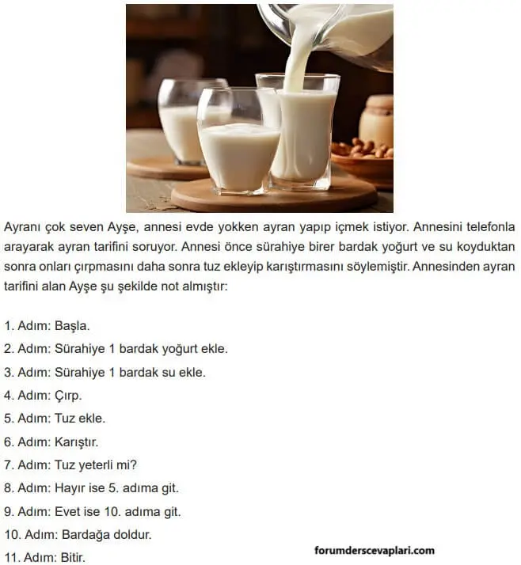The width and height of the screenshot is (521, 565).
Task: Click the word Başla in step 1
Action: coord(73,325)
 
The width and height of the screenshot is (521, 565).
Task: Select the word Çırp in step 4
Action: coord(68,395)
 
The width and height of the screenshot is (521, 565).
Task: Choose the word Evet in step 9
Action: coord(67,511)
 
